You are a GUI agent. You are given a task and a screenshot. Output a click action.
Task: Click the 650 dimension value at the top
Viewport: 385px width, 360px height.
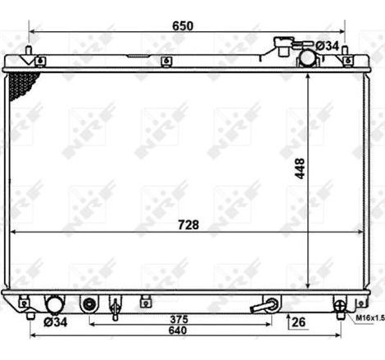coord(183,26)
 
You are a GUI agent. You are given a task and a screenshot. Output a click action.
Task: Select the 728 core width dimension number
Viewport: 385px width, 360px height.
coord(188,225)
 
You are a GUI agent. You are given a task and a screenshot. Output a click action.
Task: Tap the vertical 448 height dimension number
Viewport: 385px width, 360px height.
coord(300,169)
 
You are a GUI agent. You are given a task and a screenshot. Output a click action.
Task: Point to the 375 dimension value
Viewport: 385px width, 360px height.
coord(179,319)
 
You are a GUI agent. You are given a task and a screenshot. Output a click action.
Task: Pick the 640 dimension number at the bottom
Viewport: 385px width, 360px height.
coord(178,331)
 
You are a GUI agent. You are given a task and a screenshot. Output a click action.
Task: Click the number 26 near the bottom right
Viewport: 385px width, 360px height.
coord(298,322)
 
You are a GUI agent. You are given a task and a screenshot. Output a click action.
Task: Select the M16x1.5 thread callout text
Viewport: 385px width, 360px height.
coord(370,317)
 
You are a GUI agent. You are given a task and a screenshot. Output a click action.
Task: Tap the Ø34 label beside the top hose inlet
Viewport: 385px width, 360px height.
coord(327,46)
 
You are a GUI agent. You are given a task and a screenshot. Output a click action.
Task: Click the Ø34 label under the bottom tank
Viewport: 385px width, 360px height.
coord(56,322)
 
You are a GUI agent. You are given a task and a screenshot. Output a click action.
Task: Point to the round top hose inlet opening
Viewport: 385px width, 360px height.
coord(307,57)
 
